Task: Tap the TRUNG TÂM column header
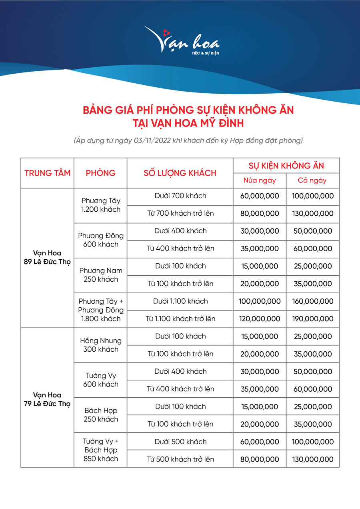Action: click(x=47, y=173)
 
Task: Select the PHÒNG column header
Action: click(x=100, y=173)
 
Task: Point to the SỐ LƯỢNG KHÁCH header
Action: click(x=180, y=173)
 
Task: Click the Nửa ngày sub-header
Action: click(x=260, y=180)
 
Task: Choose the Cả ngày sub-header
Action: click(x=312, y=180)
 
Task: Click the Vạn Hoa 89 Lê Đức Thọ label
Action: click(x=47, y=258)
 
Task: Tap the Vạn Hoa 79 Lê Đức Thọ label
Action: click(x=47, y=399)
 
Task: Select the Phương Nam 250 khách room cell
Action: click(x=100, y=275)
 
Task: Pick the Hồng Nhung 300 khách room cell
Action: click(x=100, y=345)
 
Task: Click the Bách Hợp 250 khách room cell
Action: click(x=100, y=415)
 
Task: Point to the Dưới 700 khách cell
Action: click(x=180, y=196)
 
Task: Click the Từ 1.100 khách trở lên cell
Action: click(x=180, y=319)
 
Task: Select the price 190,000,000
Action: click(x=312, y=319)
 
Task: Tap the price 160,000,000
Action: click(x=312, y=301)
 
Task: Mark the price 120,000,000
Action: click(x=260, y=319)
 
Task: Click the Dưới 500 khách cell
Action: click(x=180, y=442)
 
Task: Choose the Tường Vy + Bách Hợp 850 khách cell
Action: click(x=100, y=450)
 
